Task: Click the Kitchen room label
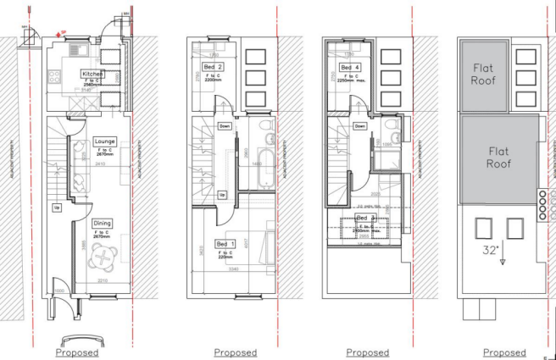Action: click(x=92, y=75)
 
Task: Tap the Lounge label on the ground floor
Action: click(x=106, y=141)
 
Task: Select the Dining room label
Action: click(x=103, y=223)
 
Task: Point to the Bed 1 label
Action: click(x=225, y=243)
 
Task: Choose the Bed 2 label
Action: click(x=214, y=67)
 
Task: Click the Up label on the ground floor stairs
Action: click(x=58, y=207)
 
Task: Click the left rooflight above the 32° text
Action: click(x=484, y=227)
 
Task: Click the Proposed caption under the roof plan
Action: click(x=503, y=352)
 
